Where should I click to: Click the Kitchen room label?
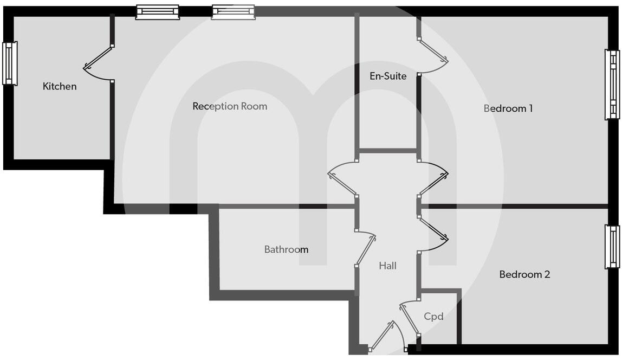[60, 86]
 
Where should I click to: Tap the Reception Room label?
[230, 106]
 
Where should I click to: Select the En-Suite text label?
[388, 76]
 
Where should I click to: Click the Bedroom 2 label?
[524, 274]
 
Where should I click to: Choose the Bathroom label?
[286, 249]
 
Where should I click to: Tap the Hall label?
[388, 266]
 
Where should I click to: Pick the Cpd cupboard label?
[433, 316]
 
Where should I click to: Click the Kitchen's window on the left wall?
[10, 63]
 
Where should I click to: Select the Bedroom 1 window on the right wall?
[612, 84]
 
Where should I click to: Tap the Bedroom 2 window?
[612, 247]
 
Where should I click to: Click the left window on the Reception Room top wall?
[157, 12]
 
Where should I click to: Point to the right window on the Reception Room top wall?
[233, 12]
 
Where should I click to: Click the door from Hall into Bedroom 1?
[433, 179]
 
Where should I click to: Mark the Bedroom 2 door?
[433, 234]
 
